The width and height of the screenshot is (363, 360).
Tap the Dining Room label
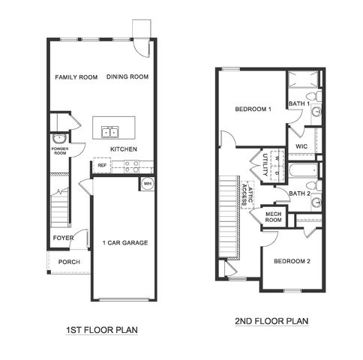[127, 76]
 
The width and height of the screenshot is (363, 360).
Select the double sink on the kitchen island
[109, 133]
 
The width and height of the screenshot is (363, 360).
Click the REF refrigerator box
[101, 166]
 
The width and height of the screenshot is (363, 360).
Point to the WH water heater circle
[147, 183]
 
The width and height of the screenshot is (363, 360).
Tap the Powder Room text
[60, 151]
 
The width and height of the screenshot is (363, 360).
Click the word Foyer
[63, 238]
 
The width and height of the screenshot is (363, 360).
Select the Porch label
[70, 262]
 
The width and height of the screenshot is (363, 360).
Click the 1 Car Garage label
[125, 242]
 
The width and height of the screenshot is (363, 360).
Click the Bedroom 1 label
[253, 109]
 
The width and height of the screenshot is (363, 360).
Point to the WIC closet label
[301, 146]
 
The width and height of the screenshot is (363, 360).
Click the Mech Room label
[274, 217]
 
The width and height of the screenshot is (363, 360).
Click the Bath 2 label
[301, 193]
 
